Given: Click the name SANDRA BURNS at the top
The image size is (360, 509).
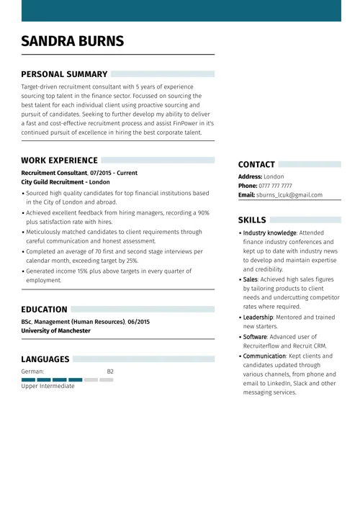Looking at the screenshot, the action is tap(72, 41).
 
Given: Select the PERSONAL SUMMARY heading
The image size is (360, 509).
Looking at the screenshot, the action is tap(64, 74).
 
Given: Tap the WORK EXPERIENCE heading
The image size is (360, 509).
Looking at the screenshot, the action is tap(59, 161).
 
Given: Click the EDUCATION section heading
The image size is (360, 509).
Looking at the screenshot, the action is tap(44, 310).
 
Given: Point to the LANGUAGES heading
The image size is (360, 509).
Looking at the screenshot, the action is tap(45, 359).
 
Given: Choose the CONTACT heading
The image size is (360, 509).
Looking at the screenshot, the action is tap(256, 165).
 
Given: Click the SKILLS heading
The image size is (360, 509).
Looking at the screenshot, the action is tap(252, 220).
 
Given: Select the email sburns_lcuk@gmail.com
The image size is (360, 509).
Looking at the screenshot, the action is tap(289, 195).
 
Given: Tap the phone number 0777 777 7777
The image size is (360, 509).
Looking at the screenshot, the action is tap(285, 186).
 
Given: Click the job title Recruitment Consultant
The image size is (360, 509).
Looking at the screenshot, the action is tap(54, 173).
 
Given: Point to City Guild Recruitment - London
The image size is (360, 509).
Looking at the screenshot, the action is tap(66, 182).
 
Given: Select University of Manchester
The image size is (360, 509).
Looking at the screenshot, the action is tap(56, 330).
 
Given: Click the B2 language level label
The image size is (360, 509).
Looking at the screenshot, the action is tap(110, 371).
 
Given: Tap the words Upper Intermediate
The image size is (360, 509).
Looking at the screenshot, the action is tap(48, 386).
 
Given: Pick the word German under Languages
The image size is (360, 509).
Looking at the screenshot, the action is tap(32, 371).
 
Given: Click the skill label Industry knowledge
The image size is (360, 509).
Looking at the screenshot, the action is tap(269, 233).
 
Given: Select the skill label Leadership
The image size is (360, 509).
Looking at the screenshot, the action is tap(258, 317).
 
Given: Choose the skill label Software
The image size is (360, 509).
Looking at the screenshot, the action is tap(255, 337).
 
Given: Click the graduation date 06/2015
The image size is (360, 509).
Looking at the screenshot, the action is tap(139, 322).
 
